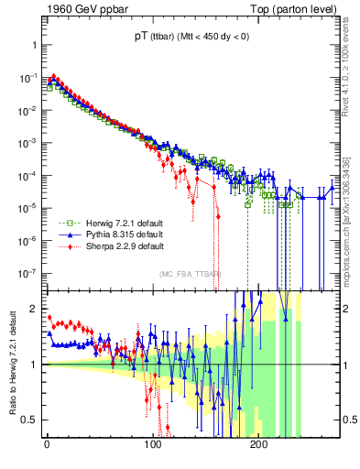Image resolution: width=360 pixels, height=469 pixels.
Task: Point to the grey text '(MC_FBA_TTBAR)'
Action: click(x=190, y=275)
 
